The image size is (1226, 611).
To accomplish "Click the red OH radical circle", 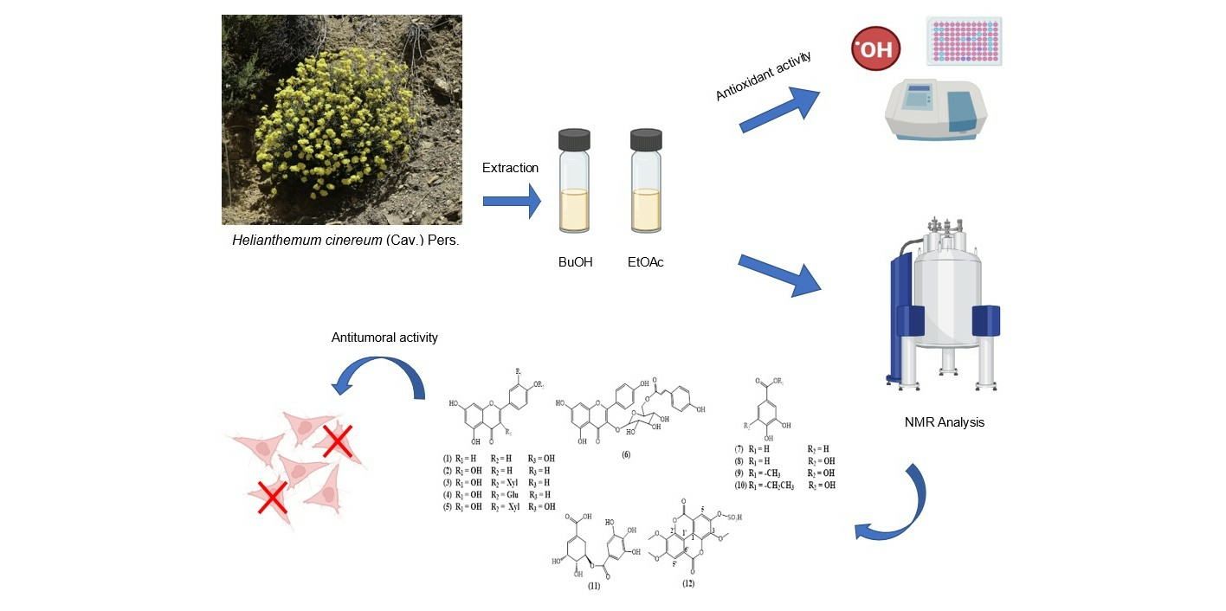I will coord(875,48).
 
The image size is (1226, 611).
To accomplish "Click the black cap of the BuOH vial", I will coord(574,138).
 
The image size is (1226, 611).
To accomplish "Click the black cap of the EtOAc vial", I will coord(646,138).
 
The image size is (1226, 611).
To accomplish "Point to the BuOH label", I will coord(576,261).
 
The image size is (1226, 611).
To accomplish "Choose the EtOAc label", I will coord(646,261).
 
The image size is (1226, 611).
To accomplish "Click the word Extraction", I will coord(510,168).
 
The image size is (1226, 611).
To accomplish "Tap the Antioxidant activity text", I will coord(764,75).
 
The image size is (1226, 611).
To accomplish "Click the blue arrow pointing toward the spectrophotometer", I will coord(778,110).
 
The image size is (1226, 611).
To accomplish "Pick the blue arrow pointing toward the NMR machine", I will coord(778,275).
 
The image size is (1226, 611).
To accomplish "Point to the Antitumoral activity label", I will coord(384,338).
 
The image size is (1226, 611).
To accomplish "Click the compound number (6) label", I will coord(625,454).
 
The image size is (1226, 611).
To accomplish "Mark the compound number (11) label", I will coord(593,586).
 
